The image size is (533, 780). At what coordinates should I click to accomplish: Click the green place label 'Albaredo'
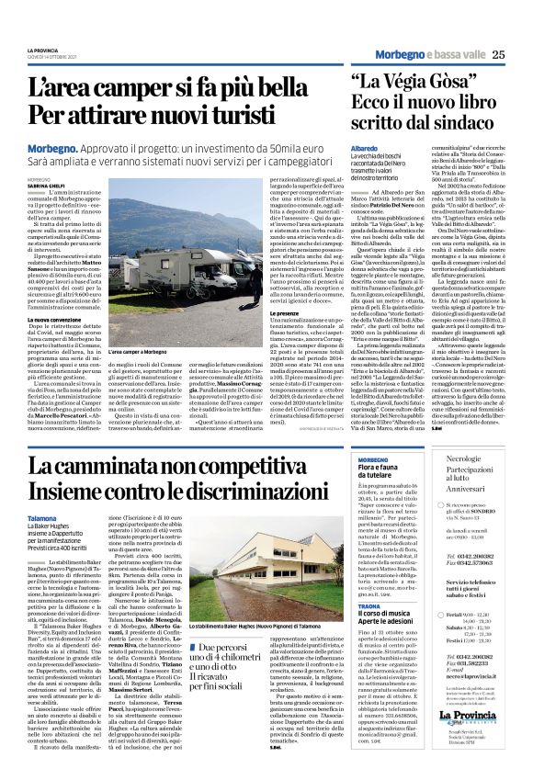[364, 148]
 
